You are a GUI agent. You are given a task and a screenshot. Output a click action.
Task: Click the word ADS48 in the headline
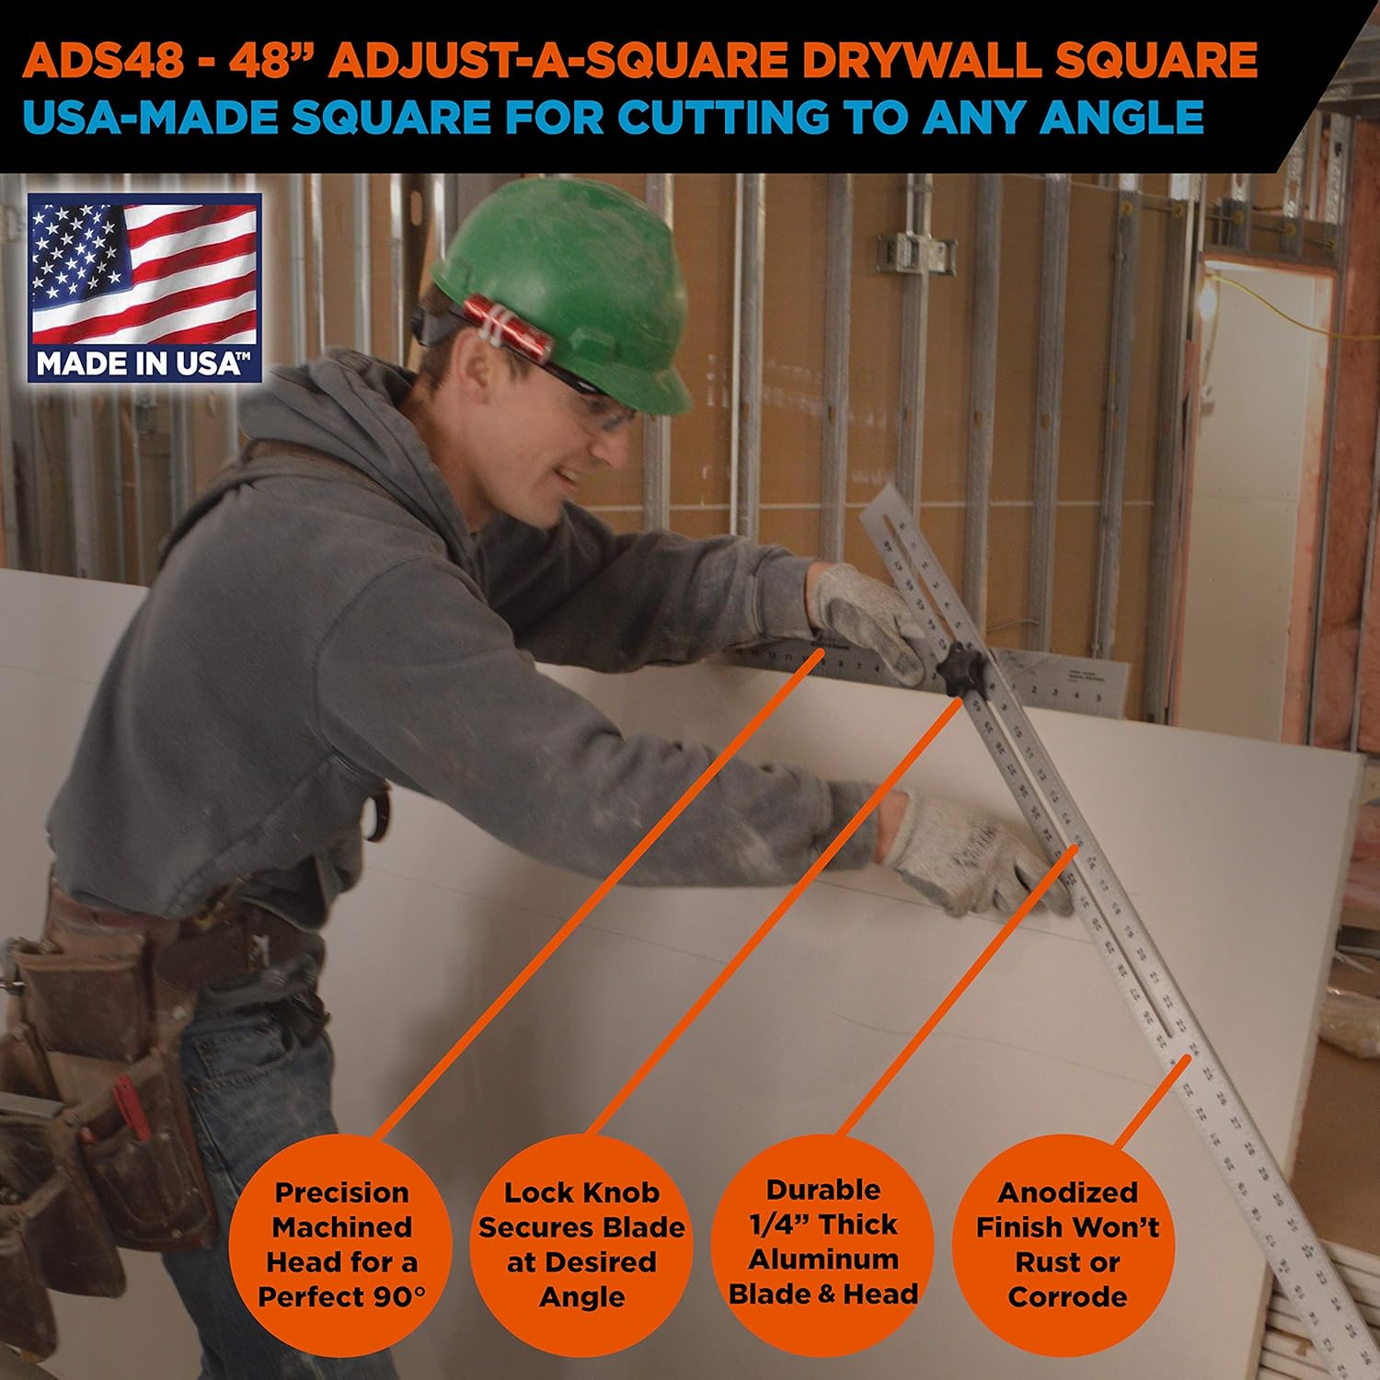[x=103, y=61]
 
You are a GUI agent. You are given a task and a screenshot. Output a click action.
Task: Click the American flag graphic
[x=144, y=272]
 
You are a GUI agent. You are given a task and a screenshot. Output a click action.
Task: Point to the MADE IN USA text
[x=143, y=364]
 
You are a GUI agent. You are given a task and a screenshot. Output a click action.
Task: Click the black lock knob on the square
[x=962, y=668]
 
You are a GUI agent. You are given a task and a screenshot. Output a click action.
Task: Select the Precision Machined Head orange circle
[x=340, y=1244]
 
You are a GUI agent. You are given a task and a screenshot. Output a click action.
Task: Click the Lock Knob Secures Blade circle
[x=581, y=1244]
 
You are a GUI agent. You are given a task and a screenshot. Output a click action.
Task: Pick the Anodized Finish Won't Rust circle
[x=1065, y=1244]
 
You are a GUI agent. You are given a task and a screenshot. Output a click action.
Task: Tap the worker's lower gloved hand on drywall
[x=966, y=856]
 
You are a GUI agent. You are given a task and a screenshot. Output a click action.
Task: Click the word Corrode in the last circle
[x=1067, y=1296]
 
